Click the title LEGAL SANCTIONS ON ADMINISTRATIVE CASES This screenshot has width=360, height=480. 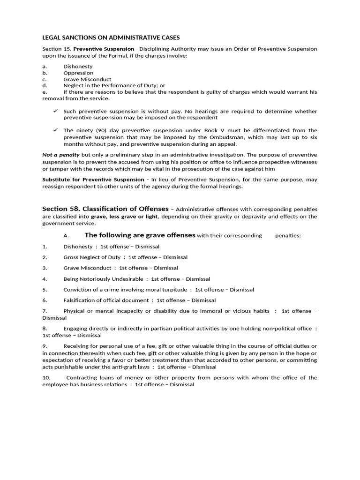pyautogui.click(x=111, y=37)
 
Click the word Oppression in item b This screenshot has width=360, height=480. pyautogui.click(x=78, y=73)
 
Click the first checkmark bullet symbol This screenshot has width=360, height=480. pyautogui.click(x=55, y=111)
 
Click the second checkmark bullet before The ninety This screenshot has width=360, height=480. pyautogui.click(x=55, y=130)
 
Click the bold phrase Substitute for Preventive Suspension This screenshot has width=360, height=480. pyautogui.click(x=93, y=180)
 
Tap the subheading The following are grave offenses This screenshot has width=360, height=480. pyautogui.click(x=140, y=235)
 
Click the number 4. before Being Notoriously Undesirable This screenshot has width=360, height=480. pyautogui.click(x=45, y=278)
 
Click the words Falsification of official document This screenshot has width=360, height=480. pyautogui.click(x=105, y=300)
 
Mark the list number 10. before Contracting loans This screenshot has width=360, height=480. pyautogui.click(x=46, y=377)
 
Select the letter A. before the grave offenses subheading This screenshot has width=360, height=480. pyautogui.click(x=66, y=236)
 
